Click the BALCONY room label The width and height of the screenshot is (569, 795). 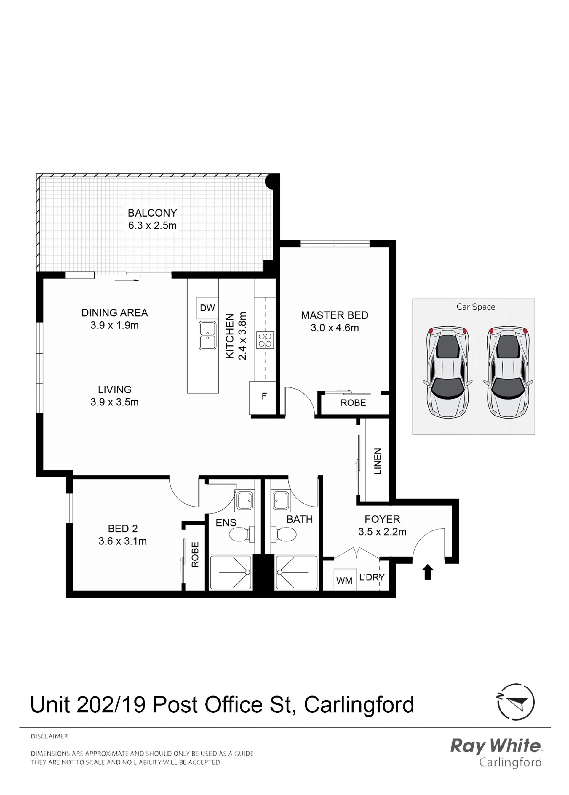152,213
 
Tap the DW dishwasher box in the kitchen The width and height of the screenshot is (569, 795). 207,308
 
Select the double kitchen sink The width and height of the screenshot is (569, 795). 207,336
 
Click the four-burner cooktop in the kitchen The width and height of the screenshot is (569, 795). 265,340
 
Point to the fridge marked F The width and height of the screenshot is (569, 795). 263,398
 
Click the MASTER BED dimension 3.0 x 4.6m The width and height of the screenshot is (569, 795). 335,328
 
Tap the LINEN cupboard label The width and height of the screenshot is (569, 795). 377,461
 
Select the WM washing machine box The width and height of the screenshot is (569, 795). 345,580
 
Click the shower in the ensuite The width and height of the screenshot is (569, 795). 231,573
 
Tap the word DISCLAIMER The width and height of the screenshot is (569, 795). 49,737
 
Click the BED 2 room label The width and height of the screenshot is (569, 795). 123,528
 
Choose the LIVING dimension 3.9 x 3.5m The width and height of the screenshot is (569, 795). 115,402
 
